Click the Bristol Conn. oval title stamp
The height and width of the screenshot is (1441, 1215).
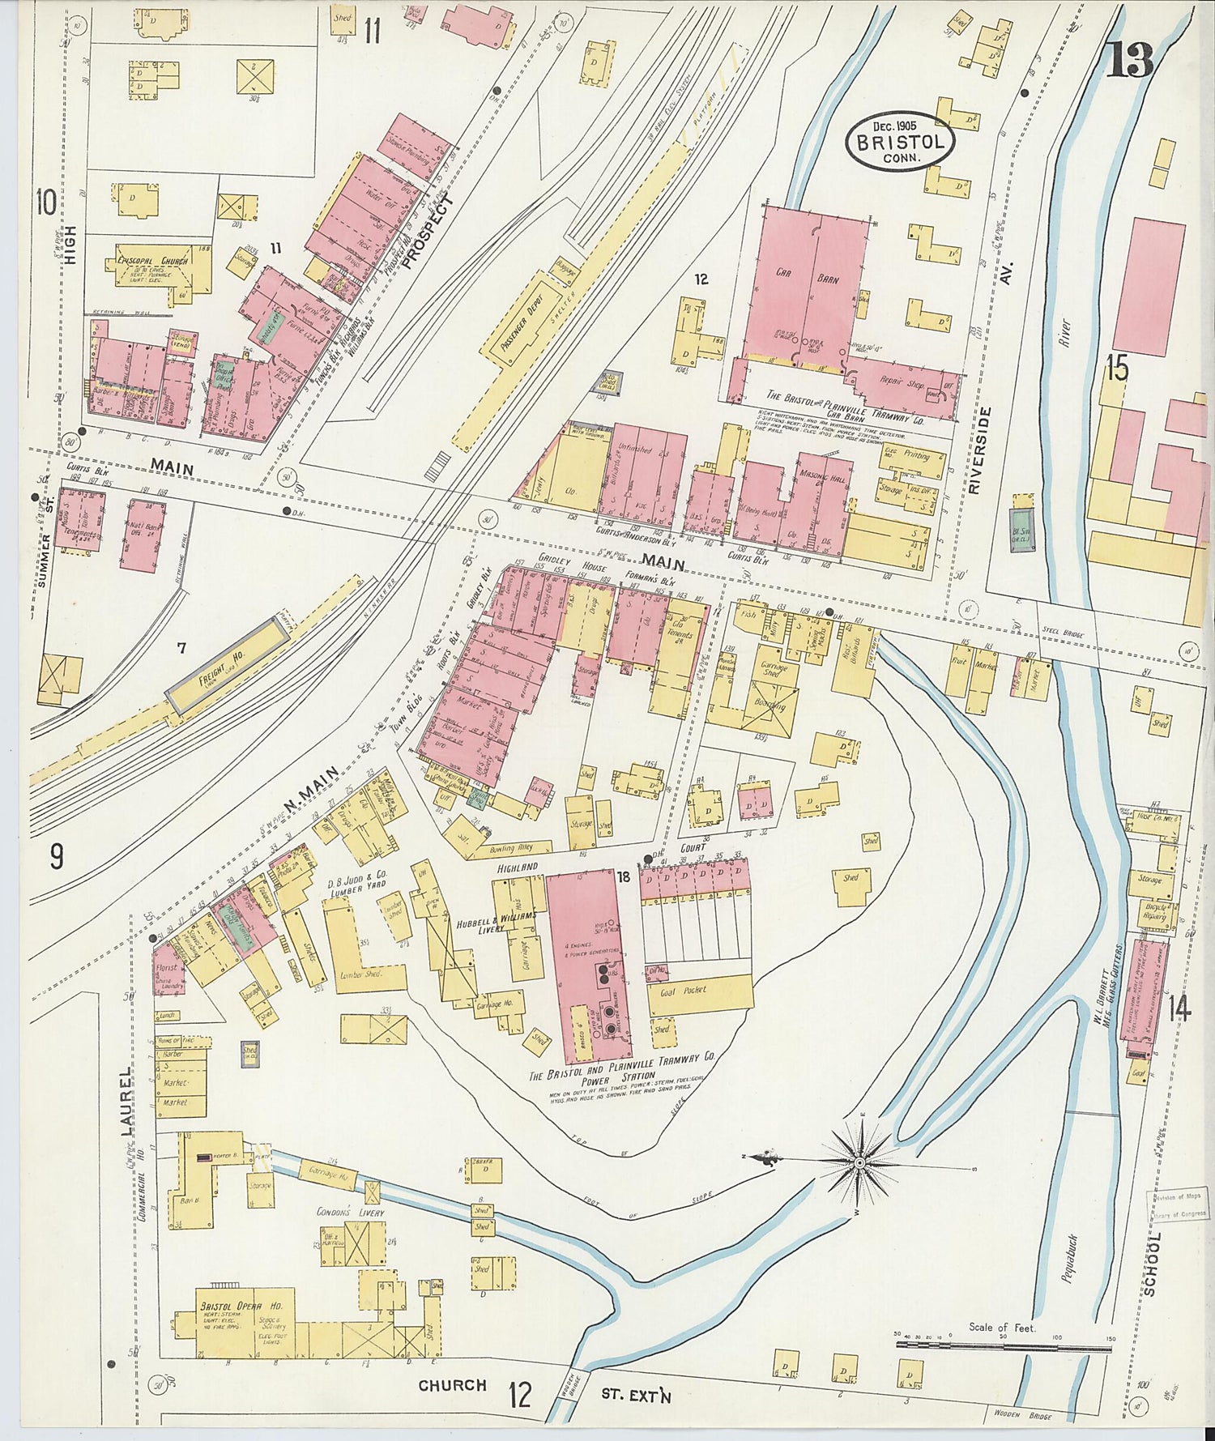899,142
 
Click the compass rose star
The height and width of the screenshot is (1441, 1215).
859,1163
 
